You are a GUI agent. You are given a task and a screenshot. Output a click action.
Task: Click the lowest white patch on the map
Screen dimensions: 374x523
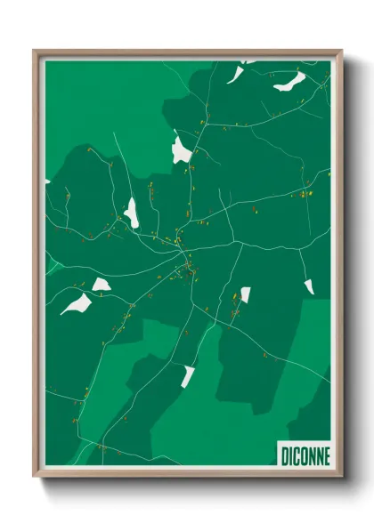[188, 375]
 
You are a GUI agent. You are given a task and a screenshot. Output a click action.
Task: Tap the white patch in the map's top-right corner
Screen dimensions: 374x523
[289, 83]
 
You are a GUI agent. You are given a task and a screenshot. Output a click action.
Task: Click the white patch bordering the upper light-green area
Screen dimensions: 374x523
[182, 149]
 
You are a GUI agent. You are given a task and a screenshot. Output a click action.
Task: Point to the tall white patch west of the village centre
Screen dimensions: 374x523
[132, 213]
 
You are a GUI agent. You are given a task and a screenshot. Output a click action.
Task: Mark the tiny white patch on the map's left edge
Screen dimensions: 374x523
[47, 181]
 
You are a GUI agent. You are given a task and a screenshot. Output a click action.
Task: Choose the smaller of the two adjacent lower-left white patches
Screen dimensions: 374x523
[101, 285]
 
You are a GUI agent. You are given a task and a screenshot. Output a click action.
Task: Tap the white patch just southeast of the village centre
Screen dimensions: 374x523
[245, 294]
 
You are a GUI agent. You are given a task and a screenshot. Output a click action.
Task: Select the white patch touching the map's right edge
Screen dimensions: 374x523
[309, 286]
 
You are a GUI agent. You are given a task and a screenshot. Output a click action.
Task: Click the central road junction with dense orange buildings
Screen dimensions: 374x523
[188, 260]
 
